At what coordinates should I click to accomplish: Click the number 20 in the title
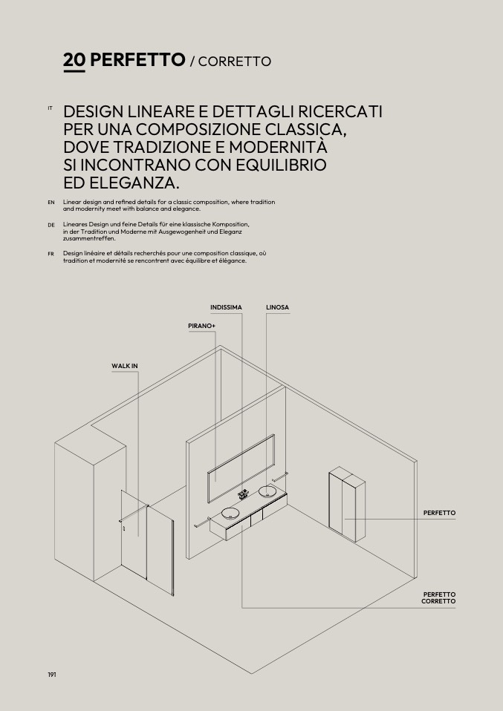click(74, 60)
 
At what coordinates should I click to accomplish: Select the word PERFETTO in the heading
click(137, 60)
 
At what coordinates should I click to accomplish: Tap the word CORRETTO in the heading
click(235, 62)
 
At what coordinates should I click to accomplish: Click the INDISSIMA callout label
click(226, 307)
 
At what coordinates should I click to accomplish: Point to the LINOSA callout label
click(277, 307)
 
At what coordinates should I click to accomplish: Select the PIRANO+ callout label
click(201, 326)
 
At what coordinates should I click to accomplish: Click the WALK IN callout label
click(125, 366)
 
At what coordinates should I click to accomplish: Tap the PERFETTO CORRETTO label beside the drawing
click(438, 597)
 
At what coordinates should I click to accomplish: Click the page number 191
click(52, 674)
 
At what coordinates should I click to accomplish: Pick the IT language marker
click(50, 108)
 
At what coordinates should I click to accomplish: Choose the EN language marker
click(51, 202)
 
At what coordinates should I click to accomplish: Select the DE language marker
click(51, 224)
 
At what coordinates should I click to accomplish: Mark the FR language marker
click(51, 253)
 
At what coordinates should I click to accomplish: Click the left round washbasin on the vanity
click(230, 513)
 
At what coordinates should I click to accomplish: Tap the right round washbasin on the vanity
click(267, 491)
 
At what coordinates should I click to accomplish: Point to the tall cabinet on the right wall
click(347, 505)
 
